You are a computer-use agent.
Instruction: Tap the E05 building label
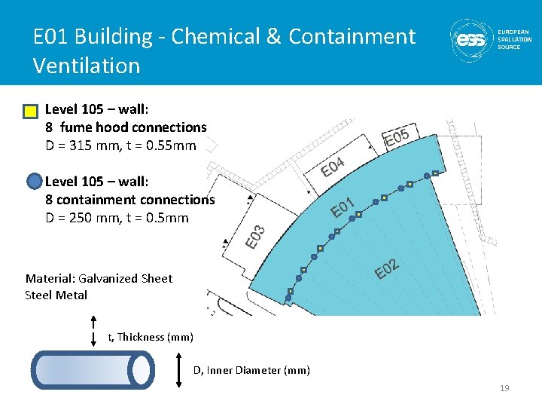397,137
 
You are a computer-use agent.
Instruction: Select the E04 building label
333,166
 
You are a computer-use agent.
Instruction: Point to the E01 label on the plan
344,206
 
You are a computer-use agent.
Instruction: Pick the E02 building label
386,268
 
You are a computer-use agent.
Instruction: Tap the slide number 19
504,388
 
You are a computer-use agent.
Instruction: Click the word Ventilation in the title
87,66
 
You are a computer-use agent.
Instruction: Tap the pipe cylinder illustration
93,369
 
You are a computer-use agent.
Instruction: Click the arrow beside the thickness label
93,332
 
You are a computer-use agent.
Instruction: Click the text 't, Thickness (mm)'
151,337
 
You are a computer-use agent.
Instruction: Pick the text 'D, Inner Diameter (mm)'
251,369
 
